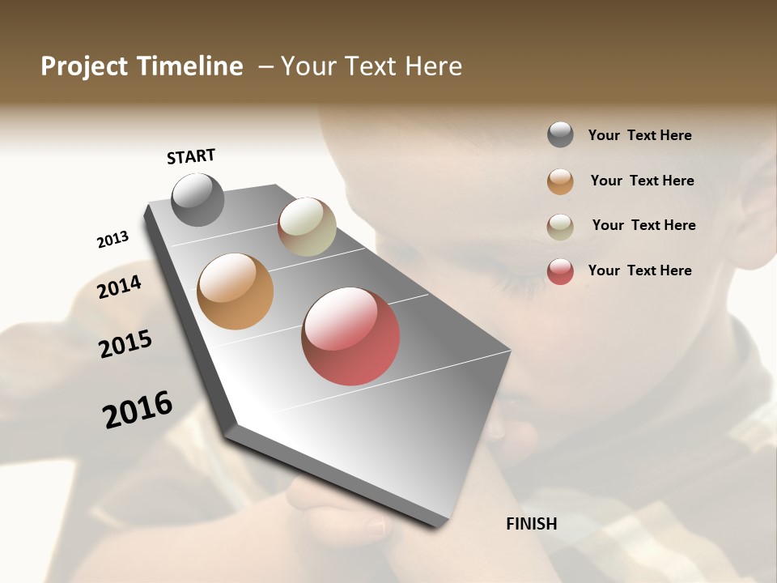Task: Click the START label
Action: pos(191,155)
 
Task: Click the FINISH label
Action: pos(532,524)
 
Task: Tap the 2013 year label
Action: pos(113,240)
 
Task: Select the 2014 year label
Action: pos(119,287)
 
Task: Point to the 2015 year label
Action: pos(125,344)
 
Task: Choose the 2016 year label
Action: pos(138,409)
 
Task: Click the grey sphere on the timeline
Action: pos(197,199)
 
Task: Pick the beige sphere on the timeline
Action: pos(307,227)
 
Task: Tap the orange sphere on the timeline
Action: pos(235,291)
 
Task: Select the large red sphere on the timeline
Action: pos(350,336)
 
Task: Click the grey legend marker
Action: pos(560,134)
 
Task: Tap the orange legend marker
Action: pos(560,181)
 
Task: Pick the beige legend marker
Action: pos(560,227)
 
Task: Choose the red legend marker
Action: pos(560,271)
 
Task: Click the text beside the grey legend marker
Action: pos(639,135)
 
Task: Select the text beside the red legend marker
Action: pos(639,270)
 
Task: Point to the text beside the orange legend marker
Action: pos(642,181)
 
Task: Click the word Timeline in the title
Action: pos(190,66)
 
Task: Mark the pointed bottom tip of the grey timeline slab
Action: pos(438,526)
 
